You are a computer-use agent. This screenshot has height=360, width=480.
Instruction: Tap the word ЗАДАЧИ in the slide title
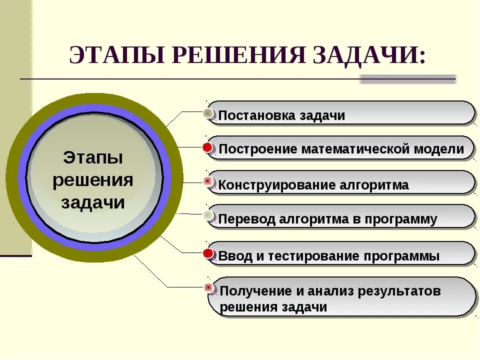click(x=369, y=55)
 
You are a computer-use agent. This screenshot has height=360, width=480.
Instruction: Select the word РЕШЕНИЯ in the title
click(x=238, y=55)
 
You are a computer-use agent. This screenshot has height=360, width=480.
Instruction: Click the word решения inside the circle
click(x=93, y=180)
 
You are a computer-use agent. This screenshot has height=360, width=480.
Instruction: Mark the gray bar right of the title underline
click(x=407, y=79)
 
